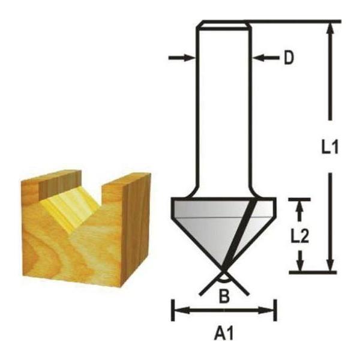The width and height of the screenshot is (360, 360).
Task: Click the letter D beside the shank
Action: point(289,59)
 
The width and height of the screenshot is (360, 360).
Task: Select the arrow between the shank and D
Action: point(265,58)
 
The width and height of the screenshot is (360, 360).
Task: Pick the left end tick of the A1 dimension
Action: point(173,311)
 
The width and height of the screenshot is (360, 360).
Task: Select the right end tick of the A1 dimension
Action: point(275,311)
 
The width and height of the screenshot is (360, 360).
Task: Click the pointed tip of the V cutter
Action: point(223,271)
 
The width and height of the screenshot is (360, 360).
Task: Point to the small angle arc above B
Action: point(223,280)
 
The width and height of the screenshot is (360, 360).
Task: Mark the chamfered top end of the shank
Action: point(223,25)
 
